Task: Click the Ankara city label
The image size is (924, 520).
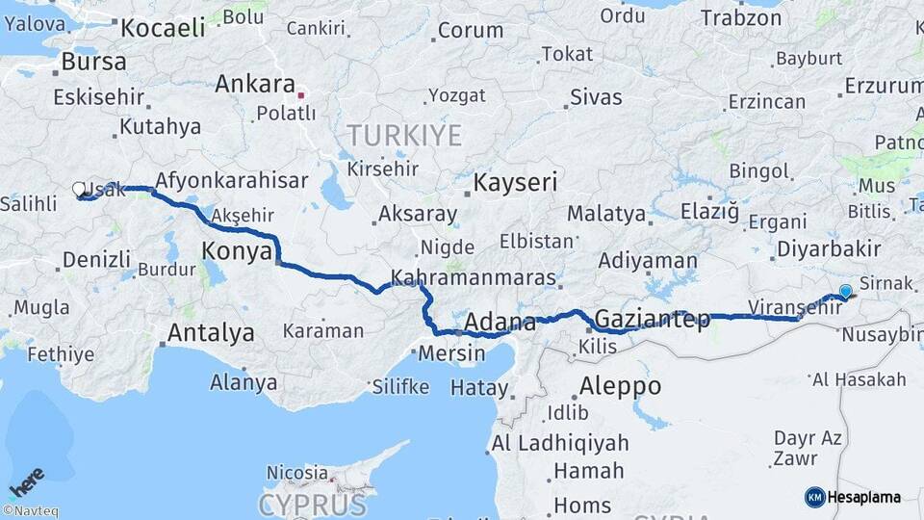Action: click(x=254, y=83)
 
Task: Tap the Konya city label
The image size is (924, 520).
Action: click(x=235, y=252)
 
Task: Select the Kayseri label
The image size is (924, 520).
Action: click(x=515, y=181)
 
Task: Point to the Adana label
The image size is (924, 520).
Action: click(x=500, y=321)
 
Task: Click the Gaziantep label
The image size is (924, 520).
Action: click(x=653, y=319)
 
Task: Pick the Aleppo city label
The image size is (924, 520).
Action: click(x=620, y=386)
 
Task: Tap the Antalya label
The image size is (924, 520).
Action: click(x=211, y=333)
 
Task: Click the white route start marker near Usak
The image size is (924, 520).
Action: click(x=79, y=190)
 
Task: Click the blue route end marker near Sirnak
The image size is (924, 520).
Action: click(x=845, y=291)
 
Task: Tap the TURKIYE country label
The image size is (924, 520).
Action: click(x=404, y=135)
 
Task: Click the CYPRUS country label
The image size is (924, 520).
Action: click(x=312, y=505)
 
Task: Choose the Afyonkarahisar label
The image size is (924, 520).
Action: click(x=231, y=180)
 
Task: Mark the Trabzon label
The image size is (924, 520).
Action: click(x=741, y=17)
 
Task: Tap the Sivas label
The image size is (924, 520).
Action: click(x=596, y=97)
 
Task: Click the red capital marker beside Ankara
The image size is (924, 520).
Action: click(x=301, y=95)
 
